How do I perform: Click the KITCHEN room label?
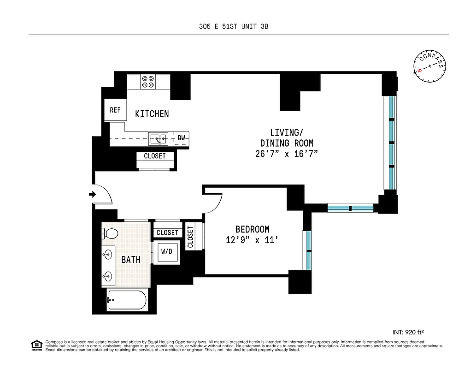(x=152, y=114)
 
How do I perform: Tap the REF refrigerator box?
(x=115, y=111)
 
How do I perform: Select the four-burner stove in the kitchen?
(x=148, y=82)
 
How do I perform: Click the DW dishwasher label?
(x=182, y=138)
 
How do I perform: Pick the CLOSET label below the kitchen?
(x=154, y=156)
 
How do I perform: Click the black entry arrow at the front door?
(x=92, y=195)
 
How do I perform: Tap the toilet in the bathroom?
(x=110, y=234)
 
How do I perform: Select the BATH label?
(x=131, y=260)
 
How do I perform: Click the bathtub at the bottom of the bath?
(x=127, y=301)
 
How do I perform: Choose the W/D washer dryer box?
(x=166, y=252)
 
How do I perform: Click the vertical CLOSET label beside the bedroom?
(x=190, y=237)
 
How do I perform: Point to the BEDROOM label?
(x=252, y=229)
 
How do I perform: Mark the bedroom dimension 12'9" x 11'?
(x=252, y=240)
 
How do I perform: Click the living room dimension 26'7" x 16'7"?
(x=287, y=154)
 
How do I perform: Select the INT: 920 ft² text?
(x=408, y=332)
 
